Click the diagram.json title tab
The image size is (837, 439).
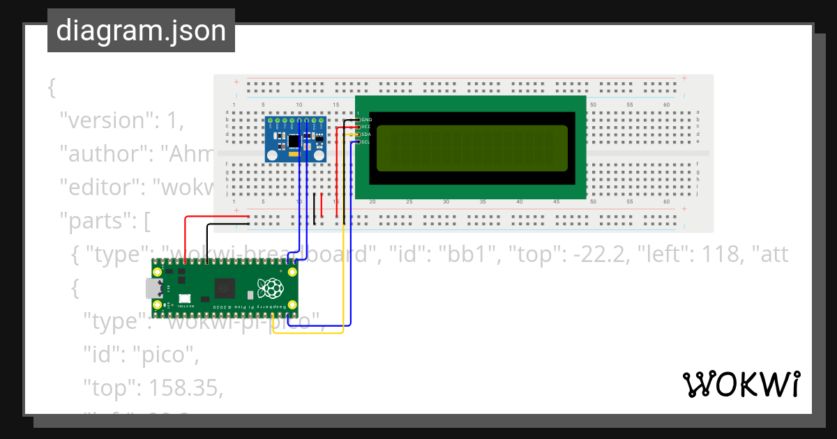pyautogui.click(x=141, y=31)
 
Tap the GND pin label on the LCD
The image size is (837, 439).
pyautogui.click(x=367, y=120)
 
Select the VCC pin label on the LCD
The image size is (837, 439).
pyautogui.click(x=367, y=127)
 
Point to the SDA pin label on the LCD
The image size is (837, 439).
pyautogui.click(x=367, y=134)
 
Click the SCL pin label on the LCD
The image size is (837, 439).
pyautogui.click(x=367, y=142)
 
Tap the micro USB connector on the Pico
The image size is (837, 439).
pyautogui.click(x=151, y=288)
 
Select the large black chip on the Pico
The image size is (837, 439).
pyautogui.click(x=225, y=287)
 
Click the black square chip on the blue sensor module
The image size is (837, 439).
pyautogui.click(x=294, y=141)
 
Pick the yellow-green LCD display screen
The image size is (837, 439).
pyautogui.click(x=473, y=149)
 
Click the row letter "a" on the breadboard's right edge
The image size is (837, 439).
pyautogui.click(x=698, y=111)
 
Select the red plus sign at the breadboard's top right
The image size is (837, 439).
pyautogui.click(x=685, y=78)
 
